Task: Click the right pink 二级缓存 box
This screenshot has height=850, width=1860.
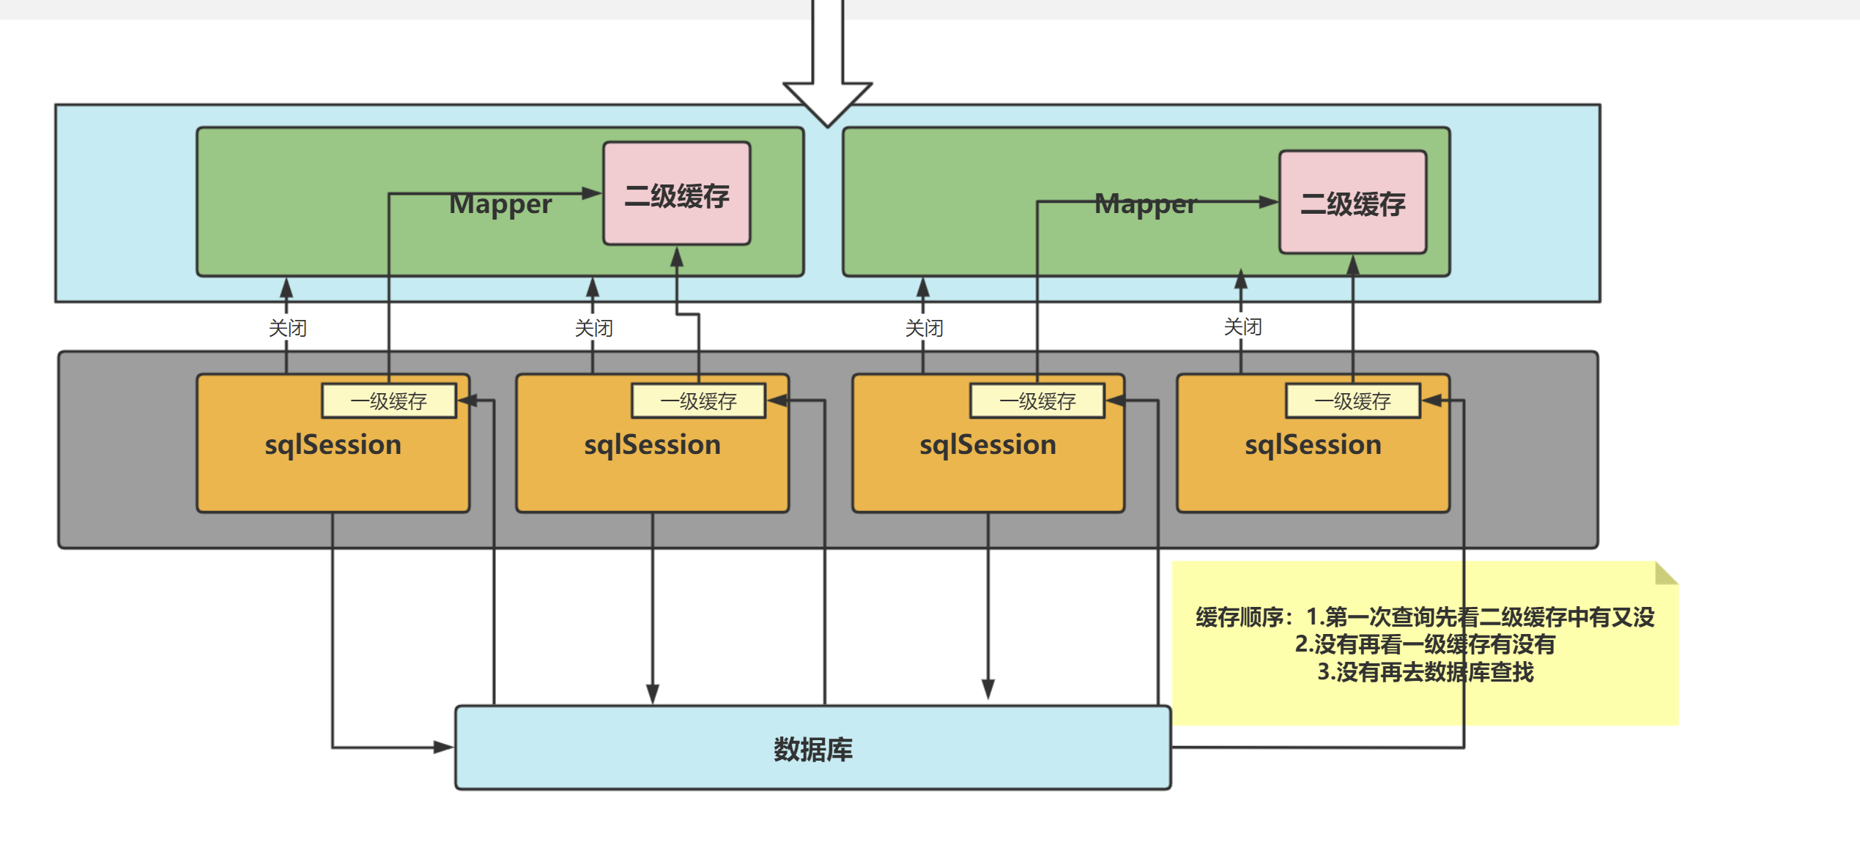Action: [x=1352, y=203]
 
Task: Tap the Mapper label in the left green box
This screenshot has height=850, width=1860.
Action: [x=500, y=204]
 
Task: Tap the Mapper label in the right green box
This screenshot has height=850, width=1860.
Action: [x=1145, y=204]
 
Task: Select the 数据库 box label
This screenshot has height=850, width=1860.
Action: [x=812, y=749]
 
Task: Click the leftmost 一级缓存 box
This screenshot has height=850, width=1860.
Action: [x=388, y=400]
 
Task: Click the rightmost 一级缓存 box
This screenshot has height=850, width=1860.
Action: [x=1352, y=400]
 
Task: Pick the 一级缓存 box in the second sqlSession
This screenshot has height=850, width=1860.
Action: [x=698, y=400]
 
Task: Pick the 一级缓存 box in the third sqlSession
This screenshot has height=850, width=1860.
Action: [x=1037, y=400]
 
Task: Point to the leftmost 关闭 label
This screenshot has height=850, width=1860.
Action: [x=287, y=327]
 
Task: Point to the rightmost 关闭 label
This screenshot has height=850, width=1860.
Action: [x=1242, y=326]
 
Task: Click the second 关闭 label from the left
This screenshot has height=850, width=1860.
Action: [x=593, y=327]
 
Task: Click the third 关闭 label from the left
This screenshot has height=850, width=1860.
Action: [x=924, y=327]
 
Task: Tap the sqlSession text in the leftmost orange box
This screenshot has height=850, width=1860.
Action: [x=333, y=444]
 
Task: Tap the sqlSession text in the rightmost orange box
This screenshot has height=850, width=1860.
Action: [x=1313, y=444]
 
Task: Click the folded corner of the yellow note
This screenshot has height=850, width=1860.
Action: [x=1664, y=574]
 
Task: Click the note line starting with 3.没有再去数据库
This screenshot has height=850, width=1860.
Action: [x=1425, y=671]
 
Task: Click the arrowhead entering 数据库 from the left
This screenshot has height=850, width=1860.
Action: [x=444, y=747]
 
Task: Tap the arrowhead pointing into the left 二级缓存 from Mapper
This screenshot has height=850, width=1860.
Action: [x=592, y=193]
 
